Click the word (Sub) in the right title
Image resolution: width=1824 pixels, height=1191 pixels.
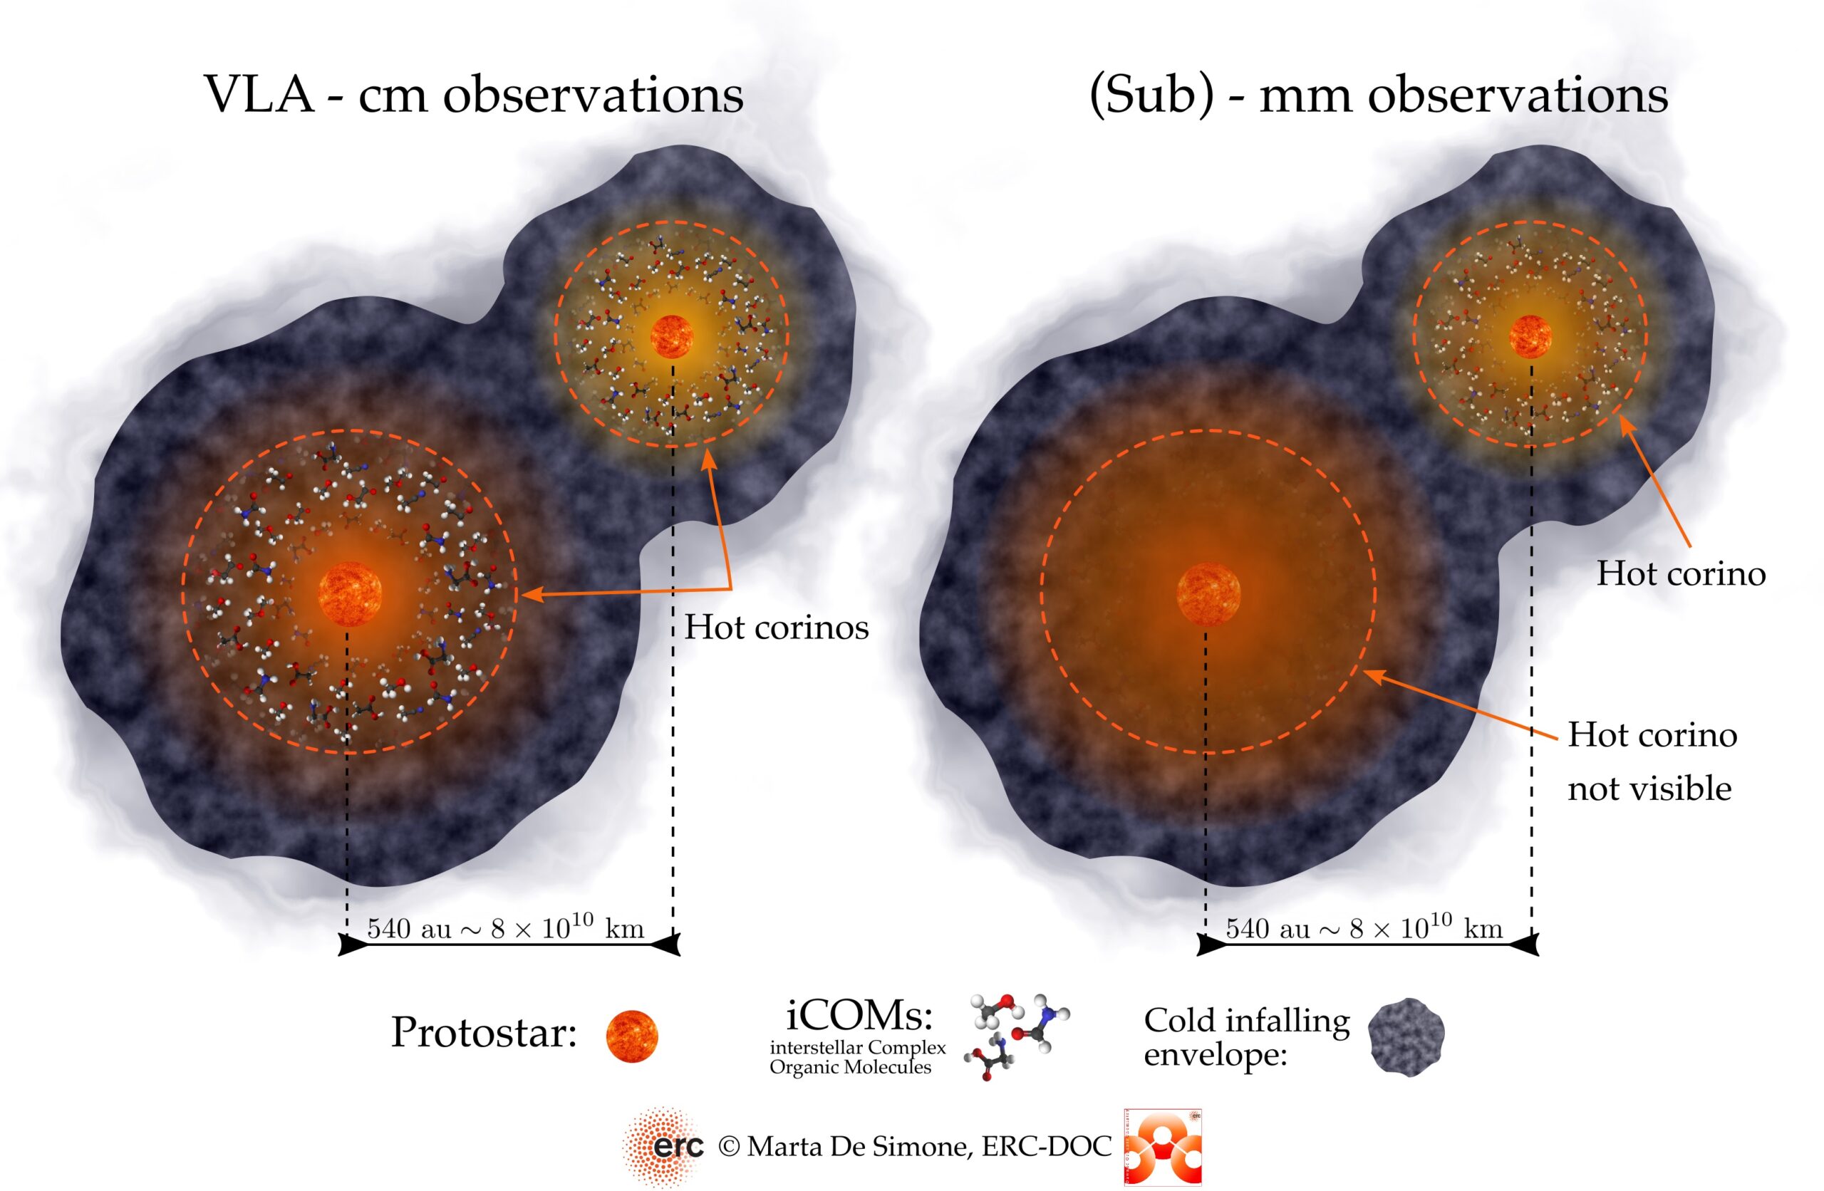pos(1151,95)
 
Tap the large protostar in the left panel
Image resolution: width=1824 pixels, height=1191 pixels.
pos(349,594)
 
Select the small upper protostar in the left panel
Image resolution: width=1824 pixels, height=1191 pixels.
pos(671,336)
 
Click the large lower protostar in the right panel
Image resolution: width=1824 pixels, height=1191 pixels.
pos(1208,594)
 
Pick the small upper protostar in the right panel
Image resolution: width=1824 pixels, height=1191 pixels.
pos(1530,336)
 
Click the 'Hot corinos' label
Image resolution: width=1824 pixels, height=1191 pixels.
pos(777,628)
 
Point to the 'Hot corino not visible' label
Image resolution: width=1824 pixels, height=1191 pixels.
pos(1652,761)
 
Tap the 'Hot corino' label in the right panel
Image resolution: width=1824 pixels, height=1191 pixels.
pos(1681,574)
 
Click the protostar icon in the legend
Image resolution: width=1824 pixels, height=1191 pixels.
pos(631,1036)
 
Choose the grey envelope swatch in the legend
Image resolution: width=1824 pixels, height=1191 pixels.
pos(1406,1036)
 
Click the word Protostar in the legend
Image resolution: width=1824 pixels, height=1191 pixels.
pos(483,1032)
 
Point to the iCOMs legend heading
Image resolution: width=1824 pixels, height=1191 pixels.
pos(859,1017)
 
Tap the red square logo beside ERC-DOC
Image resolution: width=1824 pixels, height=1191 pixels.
pos(1162,1147)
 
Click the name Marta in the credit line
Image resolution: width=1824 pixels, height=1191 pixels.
pos(789,1147)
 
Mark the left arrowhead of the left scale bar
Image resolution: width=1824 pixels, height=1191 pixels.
pos(353,945)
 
